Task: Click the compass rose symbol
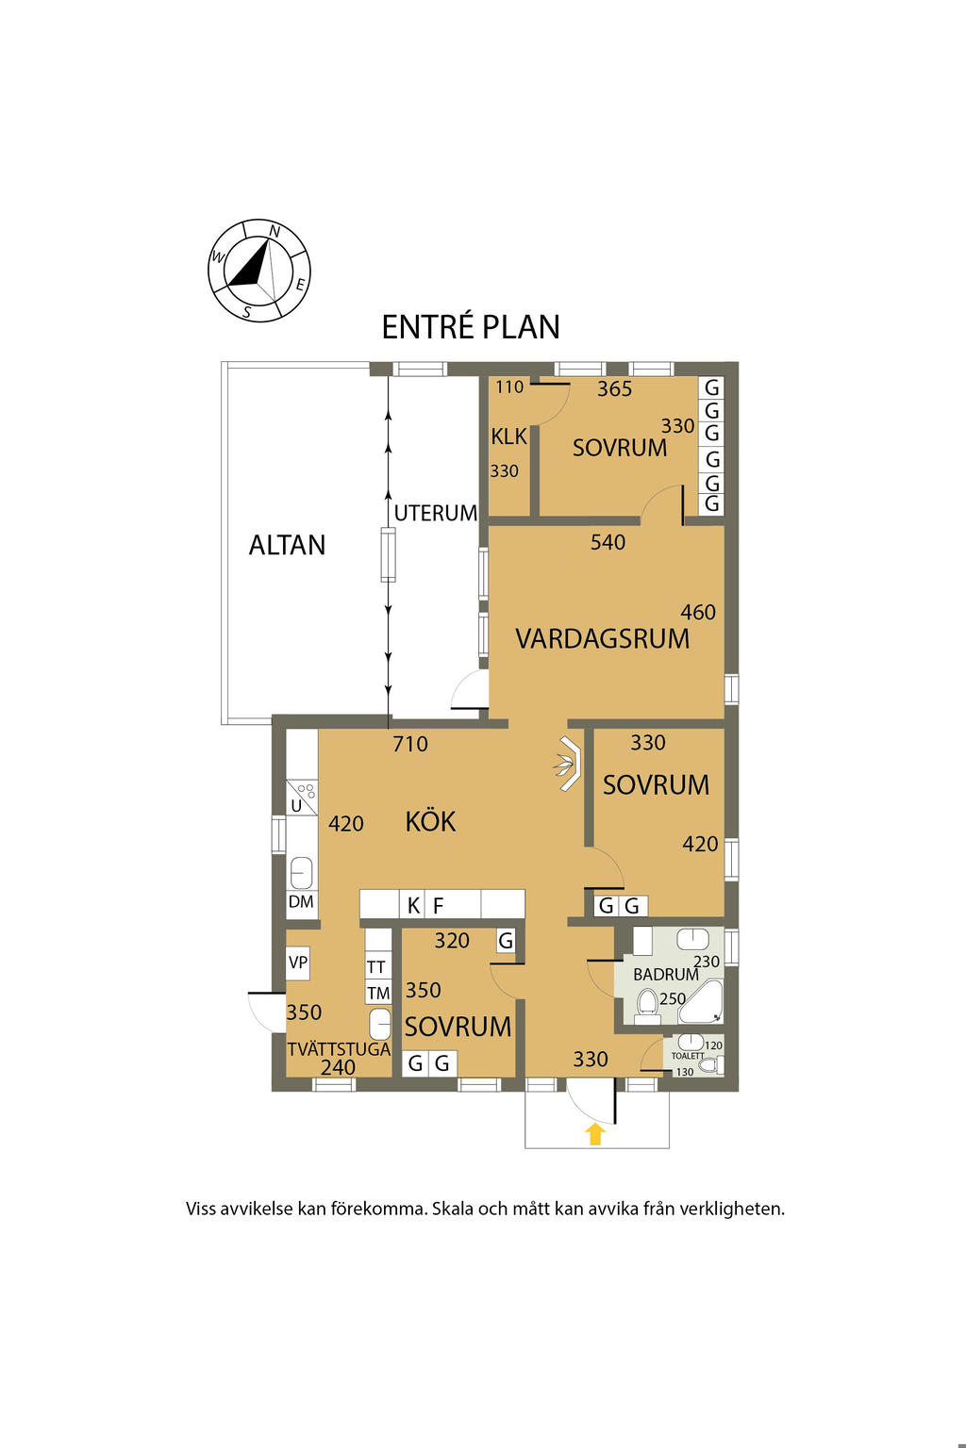(258, 271)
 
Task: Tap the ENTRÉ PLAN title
(471, 326)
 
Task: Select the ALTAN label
(287, 545)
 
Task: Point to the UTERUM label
(436, 513)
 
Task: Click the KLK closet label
(509, 436)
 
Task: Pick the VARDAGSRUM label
(603, 638)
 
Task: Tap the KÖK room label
(430, 821)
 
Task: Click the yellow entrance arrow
(595, 1134)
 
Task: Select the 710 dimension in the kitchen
(410, 744)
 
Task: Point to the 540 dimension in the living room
(608, 542)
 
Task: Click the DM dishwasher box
(302, 901)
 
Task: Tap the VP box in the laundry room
(297, 963)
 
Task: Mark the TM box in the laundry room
(378, 993)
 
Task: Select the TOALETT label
(687, 1056)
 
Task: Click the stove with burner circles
(302, 797)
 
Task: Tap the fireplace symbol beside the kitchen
(569, 764)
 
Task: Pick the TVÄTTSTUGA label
(339, 1048)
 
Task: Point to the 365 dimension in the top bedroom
(614, 388)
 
